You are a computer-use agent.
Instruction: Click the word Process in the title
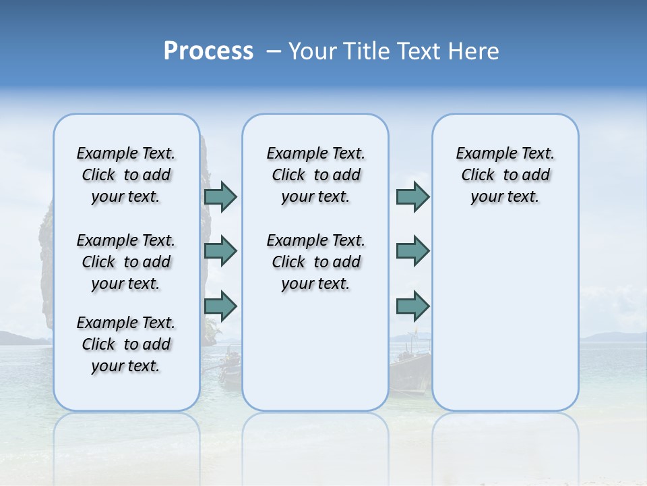coord(208,51)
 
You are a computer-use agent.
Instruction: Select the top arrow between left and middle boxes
coord(220,196)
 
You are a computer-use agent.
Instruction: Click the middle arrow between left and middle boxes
coord(220,251)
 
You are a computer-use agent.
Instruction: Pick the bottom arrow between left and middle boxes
coord(220,306)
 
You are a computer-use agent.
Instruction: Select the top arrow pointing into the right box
coord(412,196)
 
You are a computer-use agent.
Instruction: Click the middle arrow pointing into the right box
coord(412,251)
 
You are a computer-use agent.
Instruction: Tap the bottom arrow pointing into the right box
coord(412,306)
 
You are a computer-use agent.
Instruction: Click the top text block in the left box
coord(126,175)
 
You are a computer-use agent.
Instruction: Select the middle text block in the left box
coord(126,262)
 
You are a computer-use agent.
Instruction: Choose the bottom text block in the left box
coord(126,344)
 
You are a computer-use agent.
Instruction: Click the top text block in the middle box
coord(315,175)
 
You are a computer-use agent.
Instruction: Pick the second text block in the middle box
coord(315,262)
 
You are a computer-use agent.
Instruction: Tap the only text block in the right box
coord(505,175)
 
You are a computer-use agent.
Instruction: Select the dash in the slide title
coord(274,51)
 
